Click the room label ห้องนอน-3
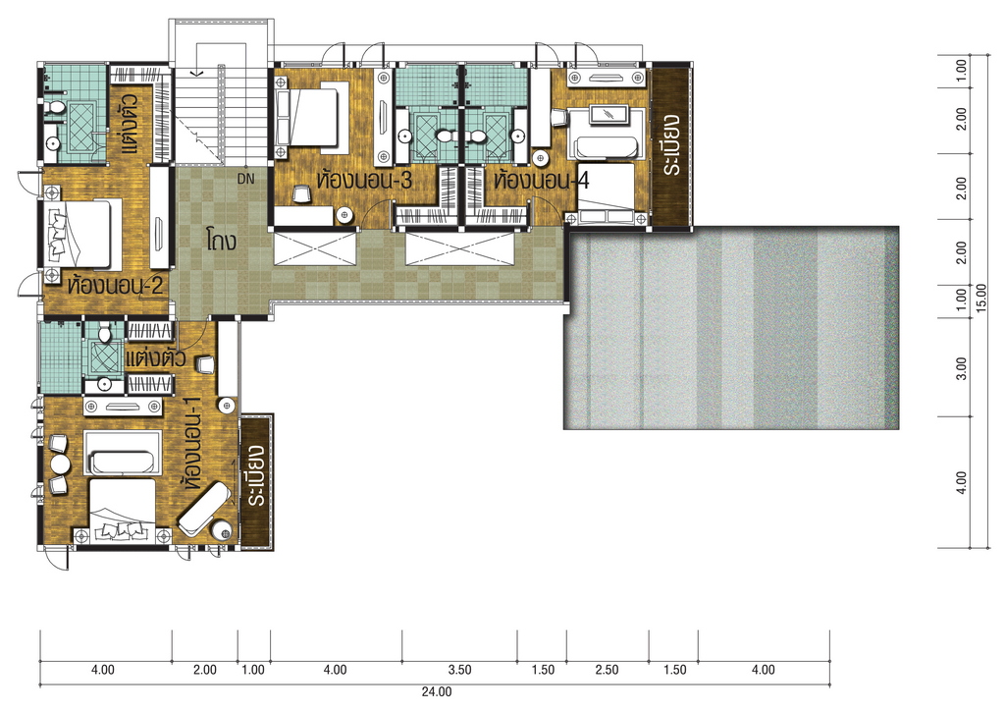[x=363, y=180]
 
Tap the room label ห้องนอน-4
[x=542, y=180]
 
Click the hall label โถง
[x=222, y=240]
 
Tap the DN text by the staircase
[x=245, y=180]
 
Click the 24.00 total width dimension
[x=437, y=691]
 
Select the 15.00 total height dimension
[x=980, y=299]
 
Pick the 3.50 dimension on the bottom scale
[x=459, y=670]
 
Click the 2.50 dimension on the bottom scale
[x=607, y=670]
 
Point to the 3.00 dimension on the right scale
[x=961, y=368]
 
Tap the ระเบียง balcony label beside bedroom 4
[x=671, y=145]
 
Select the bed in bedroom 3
[x=306, y=117]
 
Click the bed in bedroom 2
[x=83, y=234]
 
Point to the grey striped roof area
[x=731, y=328]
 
